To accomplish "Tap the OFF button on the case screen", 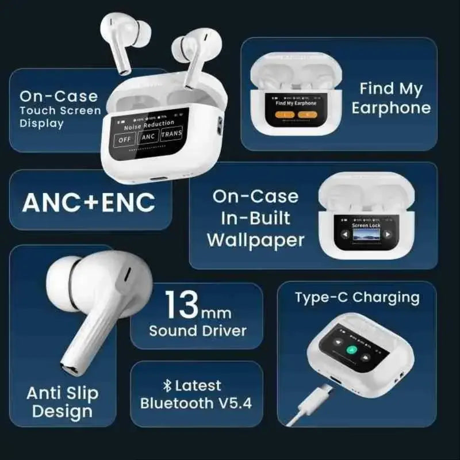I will pos(124,139).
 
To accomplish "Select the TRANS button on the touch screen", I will pos(171,135).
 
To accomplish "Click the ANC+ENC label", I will pos(89,202).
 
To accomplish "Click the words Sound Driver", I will pos(197,331).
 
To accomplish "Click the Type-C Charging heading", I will pos(356,297).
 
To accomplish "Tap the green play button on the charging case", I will pos(352,350).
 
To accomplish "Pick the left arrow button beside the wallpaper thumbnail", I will pos(344,235).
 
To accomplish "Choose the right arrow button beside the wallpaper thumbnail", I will pos(388,235).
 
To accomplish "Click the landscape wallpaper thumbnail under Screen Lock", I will pos(366,236).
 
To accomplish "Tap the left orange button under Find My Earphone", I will pos(286,114).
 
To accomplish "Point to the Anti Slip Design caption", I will pos(62,402).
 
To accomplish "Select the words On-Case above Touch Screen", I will pos(59,96).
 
